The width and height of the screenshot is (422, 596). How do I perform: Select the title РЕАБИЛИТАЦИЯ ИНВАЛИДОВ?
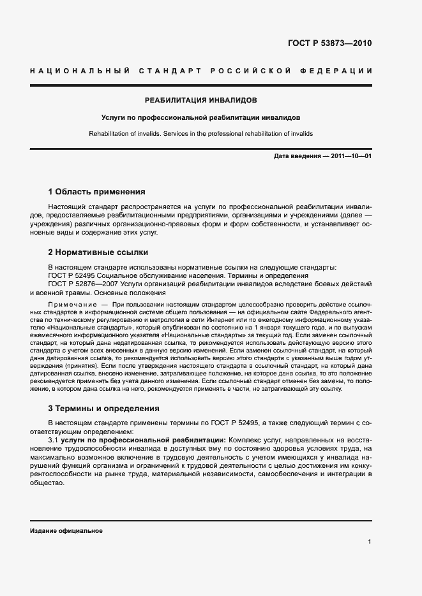click(201, 101)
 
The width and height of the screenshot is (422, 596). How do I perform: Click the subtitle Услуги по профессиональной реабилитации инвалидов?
click(201, 118)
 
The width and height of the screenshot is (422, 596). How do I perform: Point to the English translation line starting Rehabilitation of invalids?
click(201, 134)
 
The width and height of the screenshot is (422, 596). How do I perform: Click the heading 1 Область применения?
click(97, 191)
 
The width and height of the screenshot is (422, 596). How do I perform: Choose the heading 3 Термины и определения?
click(104, 408)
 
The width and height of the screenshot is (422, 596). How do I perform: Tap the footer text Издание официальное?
click(66, 530)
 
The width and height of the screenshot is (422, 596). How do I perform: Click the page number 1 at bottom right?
click(370, 541)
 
